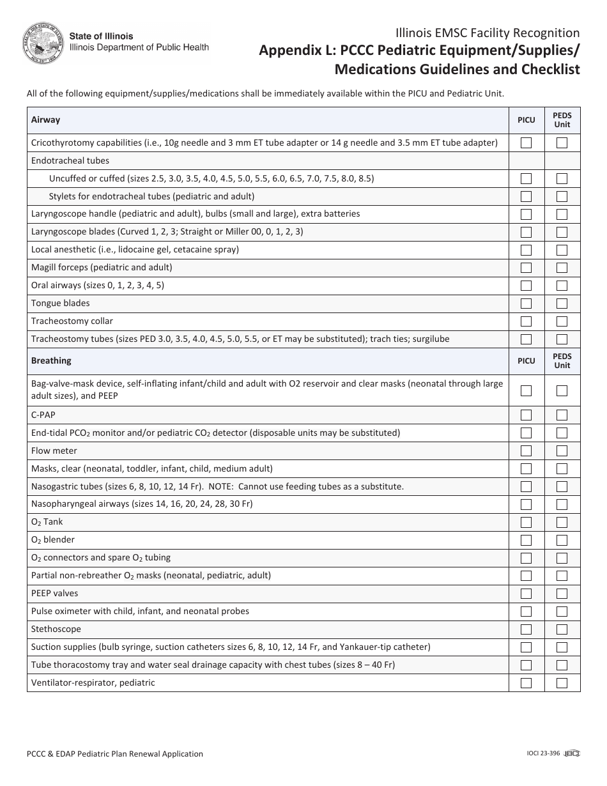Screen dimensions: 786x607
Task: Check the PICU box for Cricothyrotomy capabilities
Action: [x=526, y=143]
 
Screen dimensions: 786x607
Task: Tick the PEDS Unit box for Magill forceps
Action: [x=562, y=268]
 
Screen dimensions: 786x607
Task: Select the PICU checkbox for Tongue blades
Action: [x=526, y=304]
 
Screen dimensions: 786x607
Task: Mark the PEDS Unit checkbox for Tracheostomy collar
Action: [x=562, y=321]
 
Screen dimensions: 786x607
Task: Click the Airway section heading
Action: [x=46, y=120]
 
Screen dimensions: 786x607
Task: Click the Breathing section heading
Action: [x=51, y=361]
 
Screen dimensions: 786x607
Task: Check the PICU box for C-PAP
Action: [x=526, y=415]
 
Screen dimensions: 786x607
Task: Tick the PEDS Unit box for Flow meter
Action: [x=562, y=451]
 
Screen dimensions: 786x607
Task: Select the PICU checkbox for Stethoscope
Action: [x=526, y=629]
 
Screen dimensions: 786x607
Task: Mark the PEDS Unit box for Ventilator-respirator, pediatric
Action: [x=562, y=683]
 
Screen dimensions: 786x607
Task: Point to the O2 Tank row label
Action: [x=47, y=522]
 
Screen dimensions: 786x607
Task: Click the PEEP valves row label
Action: [x=54, y=594]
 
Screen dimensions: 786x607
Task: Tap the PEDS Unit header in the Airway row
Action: [x=562, y=120]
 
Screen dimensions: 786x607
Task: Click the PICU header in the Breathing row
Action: [x=526, y=361]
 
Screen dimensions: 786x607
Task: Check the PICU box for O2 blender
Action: [x=526, y=540]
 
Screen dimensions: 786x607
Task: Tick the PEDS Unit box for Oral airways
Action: [x=562, y=286]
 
